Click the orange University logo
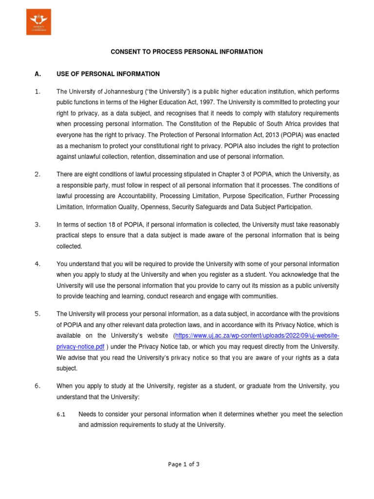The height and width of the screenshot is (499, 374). pyautogui.click(x=38, y=22)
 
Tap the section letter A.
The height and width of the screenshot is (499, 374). pyautogui.click(x=37, y=74)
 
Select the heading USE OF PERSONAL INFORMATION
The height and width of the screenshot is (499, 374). pyautogui.click(x=108, y=74)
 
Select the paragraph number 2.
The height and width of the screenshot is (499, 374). pyautogui.click(x=37, y=174)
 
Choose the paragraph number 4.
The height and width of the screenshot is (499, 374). pyautogui.click(x=37, y=264)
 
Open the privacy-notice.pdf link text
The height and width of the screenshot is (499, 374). pyautogui.click(x=80, y=346)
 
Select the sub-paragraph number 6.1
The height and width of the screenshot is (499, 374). pyautogui.click(x=61, y=414)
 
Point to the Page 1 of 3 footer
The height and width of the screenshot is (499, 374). pyautogui.click(x=184, y=464)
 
